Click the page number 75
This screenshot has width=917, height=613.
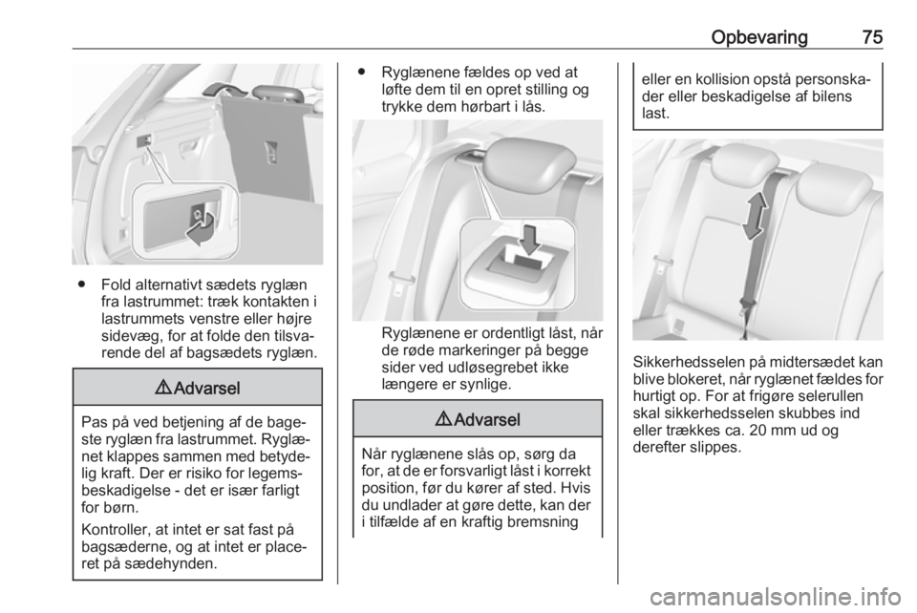872,37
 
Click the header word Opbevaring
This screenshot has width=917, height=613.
759,37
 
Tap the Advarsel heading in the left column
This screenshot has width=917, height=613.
197,388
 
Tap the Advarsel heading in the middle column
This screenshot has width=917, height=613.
478,419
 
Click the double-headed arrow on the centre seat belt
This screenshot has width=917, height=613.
755,215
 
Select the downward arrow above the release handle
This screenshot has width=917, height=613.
530,240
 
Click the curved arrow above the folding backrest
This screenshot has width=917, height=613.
218,88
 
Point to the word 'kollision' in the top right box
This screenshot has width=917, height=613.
739,79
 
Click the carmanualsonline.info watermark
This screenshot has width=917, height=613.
775,597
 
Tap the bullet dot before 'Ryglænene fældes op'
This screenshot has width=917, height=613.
361,73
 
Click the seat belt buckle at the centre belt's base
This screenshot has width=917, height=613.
746,304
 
